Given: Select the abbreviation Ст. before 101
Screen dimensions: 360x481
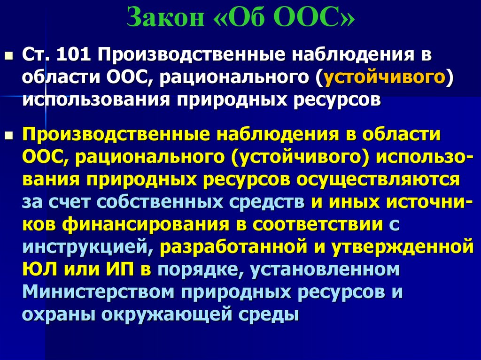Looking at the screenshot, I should click(36, 55).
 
